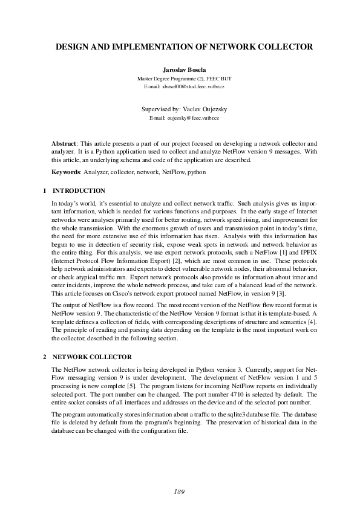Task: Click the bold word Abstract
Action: point(65,144)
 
